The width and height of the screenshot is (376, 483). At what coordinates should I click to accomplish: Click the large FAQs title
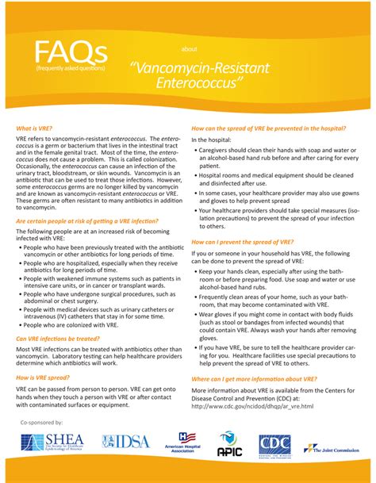(70, 53)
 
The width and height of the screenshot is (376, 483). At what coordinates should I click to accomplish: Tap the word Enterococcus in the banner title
(199, 82)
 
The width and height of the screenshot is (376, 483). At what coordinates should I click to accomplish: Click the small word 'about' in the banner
(189, 48)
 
